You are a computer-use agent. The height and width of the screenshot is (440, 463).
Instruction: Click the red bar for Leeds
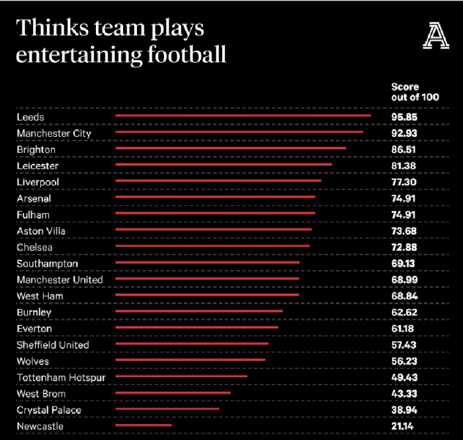point(243,115)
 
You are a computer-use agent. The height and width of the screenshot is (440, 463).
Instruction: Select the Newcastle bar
point(144,425)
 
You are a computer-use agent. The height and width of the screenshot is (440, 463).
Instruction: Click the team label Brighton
point(36,150)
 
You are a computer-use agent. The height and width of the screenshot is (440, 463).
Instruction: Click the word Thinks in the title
point(46,28)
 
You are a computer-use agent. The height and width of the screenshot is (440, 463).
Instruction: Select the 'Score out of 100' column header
point(415,92)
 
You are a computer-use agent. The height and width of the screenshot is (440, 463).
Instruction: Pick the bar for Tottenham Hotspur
point(181,376)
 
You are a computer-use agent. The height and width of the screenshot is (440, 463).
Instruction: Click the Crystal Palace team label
point(49,410)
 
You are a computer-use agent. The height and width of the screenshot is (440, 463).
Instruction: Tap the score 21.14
point(404,427)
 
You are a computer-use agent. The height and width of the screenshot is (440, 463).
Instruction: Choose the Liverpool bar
point(218,180)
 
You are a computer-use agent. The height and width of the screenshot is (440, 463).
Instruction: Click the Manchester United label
point(60,280)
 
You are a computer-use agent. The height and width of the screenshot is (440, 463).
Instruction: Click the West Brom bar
point(173,392)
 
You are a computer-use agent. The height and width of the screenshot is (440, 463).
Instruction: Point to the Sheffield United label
point(53,345)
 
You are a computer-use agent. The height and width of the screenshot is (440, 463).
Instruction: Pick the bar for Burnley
point(199,310)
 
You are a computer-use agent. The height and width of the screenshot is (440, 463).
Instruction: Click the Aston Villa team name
point(41,231)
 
